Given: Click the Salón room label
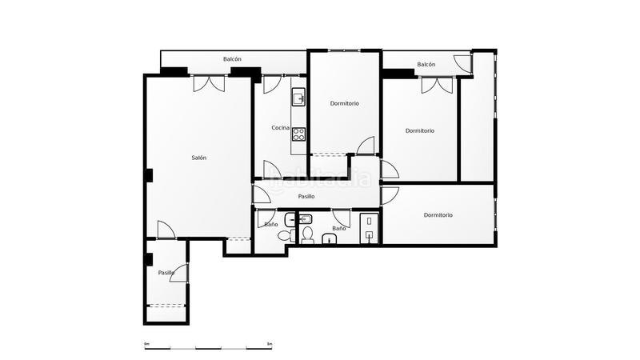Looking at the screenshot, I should point(199,158).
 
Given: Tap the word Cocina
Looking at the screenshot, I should point(280,128).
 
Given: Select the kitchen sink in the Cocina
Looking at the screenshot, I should point(298,98).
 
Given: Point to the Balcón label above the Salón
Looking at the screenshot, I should point(232,59).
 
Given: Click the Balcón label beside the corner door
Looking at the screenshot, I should point(426,64).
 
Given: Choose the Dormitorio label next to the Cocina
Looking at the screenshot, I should point(344,103).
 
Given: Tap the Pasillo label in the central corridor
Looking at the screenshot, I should point(306,196).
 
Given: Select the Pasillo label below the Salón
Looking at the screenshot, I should point(166,273).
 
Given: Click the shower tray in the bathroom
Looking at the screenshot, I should point(368,227).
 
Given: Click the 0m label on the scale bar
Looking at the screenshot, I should point(146,344).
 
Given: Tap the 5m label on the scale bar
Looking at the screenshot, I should point(270,344).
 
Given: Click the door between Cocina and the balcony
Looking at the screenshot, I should point(270,84).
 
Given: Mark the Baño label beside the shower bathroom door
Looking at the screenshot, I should point(339,229).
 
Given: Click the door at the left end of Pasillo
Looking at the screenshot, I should point(262,194).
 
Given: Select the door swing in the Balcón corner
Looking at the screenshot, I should point(463,62).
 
